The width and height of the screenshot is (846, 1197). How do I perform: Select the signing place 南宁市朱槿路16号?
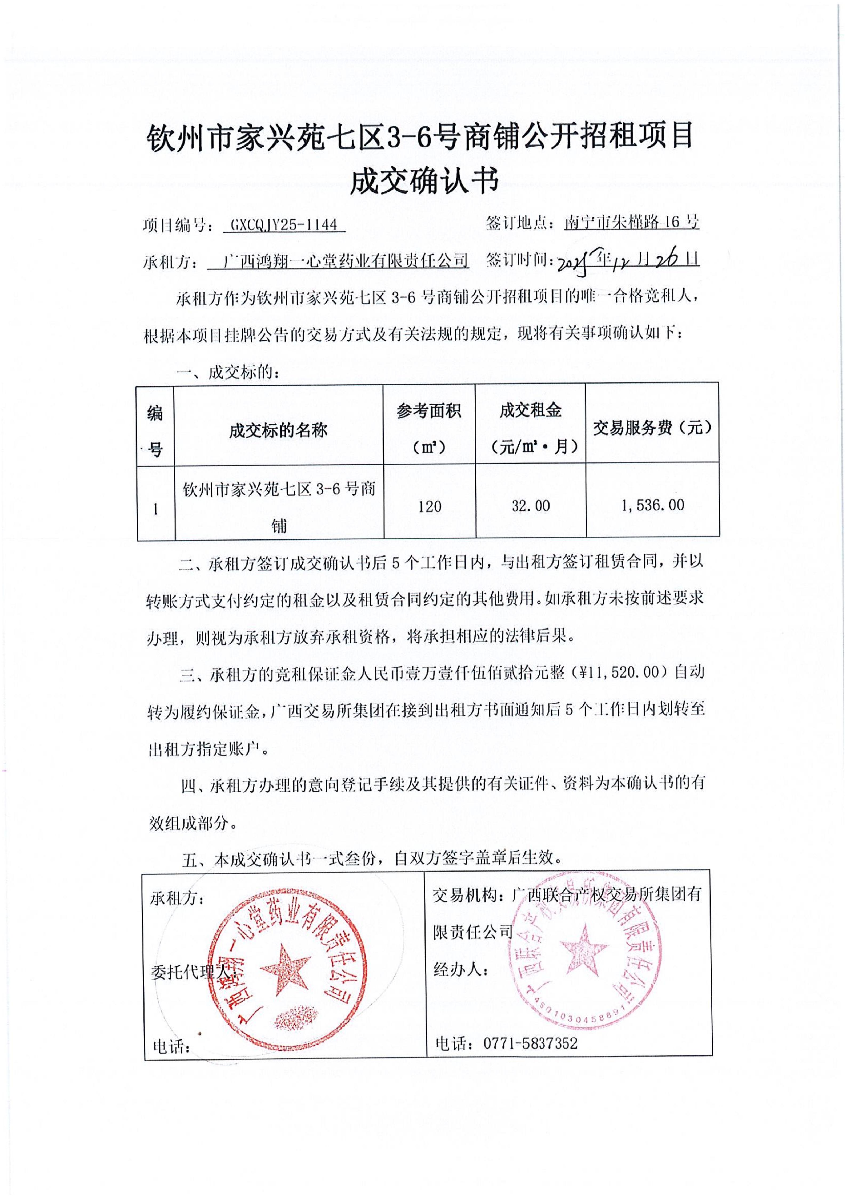point(631,223)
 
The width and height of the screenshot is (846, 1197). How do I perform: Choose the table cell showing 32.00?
point(530,506)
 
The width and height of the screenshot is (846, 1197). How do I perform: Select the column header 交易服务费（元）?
point(652,428)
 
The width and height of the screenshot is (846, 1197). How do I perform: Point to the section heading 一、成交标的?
point(230,372)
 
